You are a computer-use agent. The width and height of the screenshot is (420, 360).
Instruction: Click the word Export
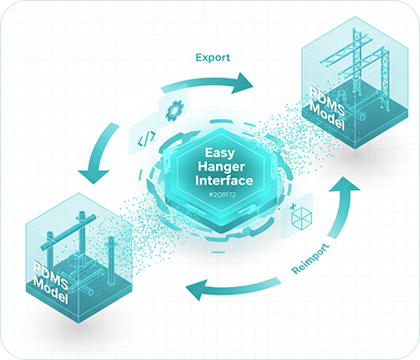(212, 57)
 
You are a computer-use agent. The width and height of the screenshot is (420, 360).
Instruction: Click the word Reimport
(310, 258)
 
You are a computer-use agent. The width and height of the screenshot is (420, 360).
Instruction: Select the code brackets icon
(147, 138)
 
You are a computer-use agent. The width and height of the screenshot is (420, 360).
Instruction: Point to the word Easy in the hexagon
(220, 153)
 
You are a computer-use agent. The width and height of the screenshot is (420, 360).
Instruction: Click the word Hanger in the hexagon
(222, 167)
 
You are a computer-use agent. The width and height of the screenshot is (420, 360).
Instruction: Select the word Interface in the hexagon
(224, 180)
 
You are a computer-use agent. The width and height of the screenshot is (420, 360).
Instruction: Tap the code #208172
(222, 195)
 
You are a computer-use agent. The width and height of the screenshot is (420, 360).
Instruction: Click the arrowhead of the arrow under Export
(242, 83)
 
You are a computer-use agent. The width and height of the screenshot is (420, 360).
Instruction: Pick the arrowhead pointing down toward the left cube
(94, 176)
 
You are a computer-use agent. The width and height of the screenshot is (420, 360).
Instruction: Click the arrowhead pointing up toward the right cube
(344, 184)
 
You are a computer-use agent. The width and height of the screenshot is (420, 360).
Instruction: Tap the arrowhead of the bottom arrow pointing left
(197, 290)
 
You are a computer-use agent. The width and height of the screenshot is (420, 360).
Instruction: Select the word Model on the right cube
(327, 116)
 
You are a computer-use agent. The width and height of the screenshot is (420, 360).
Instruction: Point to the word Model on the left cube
(50, 291)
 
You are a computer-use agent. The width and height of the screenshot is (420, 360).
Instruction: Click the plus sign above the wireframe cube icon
(293, 205)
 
